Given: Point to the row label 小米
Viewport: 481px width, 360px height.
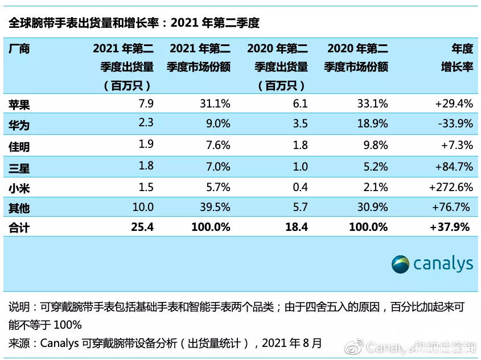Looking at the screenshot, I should click(19, 187).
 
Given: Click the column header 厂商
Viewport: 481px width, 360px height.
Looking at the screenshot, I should click(19, 49).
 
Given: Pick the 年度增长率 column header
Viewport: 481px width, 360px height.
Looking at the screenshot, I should click(458, 58).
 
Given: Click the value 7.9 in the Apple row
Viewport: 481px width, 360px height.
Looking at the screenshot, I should click(146, 104).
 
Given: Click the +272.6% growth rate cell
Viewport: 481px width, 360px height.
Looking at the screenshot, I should click(450, 187).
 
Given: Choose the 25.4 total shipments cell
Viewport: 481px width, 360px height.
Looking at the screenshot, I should click(142, 227).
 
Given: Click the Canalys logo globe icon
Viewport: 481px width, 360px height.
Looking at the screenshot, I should click(401, 264).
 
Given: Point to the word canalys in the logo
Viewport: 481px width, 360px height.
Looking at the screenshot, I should click(443, 264).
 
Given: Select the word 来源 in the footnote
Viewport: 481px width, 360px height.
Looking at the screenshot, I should click(20, 343).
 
